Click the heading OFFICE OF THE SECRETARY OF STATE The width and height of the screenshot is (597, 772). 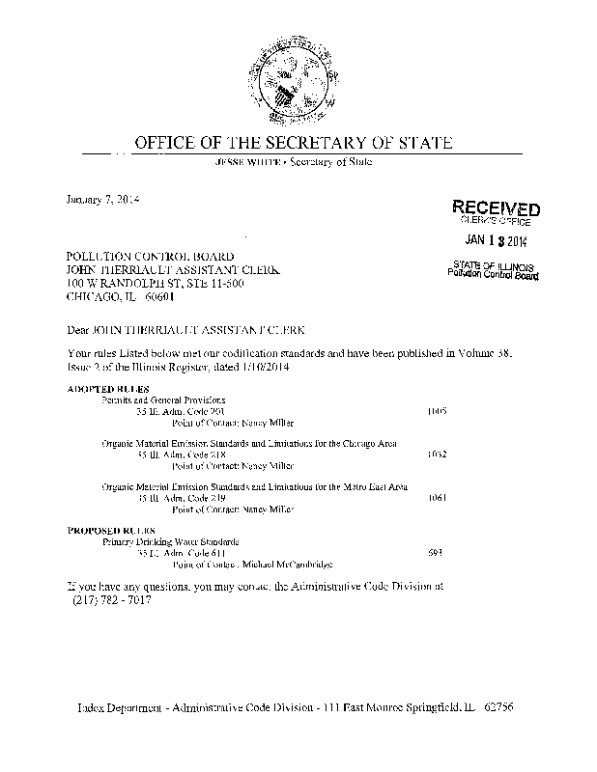point(293,144)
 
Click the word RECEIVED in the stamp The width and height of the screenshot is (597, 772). point(496,209)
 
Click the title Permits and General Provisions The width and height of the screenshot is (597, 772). point(164,399)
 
